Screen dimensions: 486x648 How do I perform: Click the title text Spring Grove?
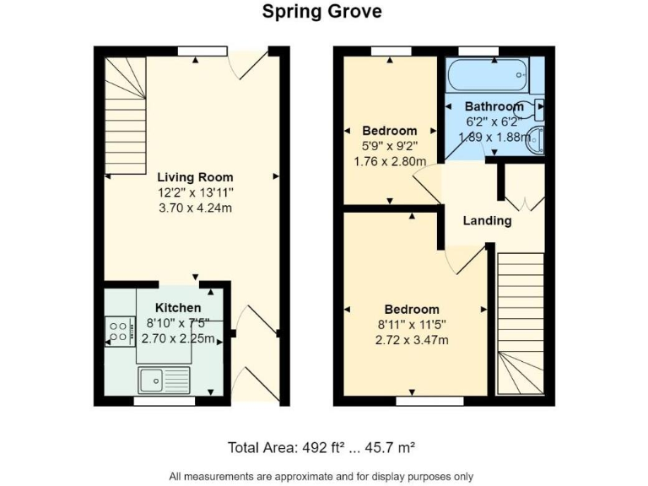321,12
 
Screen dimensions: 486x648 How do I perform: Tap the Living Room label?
194,177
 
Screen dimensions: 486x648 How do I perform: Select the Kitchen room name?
178,308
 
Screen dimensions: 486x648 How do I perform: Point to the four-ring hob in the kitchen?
119,331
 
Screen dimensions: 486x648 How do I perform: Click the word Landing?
488,221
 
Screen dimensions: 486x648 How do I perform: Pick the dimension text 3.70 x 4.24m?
194,208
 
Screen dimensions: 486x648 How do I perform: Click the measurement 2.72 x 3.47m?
413,340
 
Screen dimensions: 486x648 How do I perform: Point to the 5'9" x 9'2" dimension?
389,146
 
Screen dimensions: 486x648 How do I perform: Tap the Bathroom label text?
494,107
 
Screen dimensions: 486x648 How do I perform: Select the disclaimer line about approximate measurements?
321,475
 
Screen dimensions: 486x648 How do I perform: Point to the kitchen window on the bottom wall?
158,402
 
